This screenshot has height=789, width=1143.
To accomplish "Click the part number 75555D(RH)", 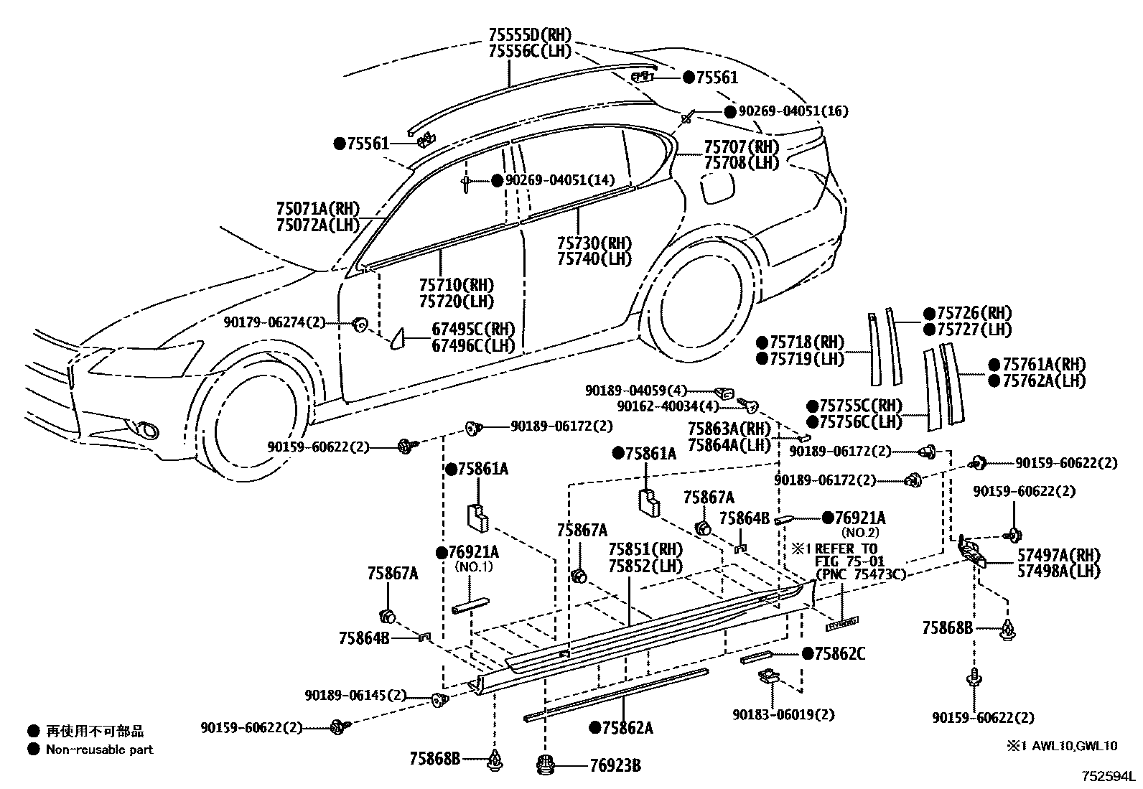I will coord(529,34).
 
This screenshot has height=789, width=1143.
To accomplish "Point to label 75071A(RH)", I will coord(317,209).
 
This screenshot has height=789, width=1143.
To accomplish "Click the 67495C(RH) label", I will coord(473,330).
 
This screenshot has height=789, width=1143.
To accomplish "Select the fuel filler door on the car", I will coord(717,188).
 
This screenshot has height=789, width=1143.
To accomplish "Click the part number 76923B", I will coord(615,765).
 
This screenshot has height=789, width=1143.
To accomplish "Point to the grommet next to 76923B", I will coord(549,765).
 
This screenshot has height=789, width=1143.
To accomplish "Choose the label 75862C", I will coord(840,653).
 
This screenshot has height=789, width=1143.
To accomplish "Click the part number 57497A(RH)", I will coord(1058,554).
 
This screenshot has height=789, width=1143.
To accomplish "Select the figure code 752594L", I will coord(1110,776).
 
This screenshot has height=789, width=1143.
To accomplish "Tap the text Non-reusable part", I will coord(100,750).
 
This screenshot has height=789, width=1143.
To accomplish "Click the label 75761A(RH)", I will coord(1045,364).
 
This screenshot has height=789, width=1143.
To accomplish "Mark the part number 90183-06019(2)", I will coord(783,714).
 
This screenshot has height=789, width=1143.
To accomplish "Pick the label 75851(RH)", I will coord(645,549).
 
